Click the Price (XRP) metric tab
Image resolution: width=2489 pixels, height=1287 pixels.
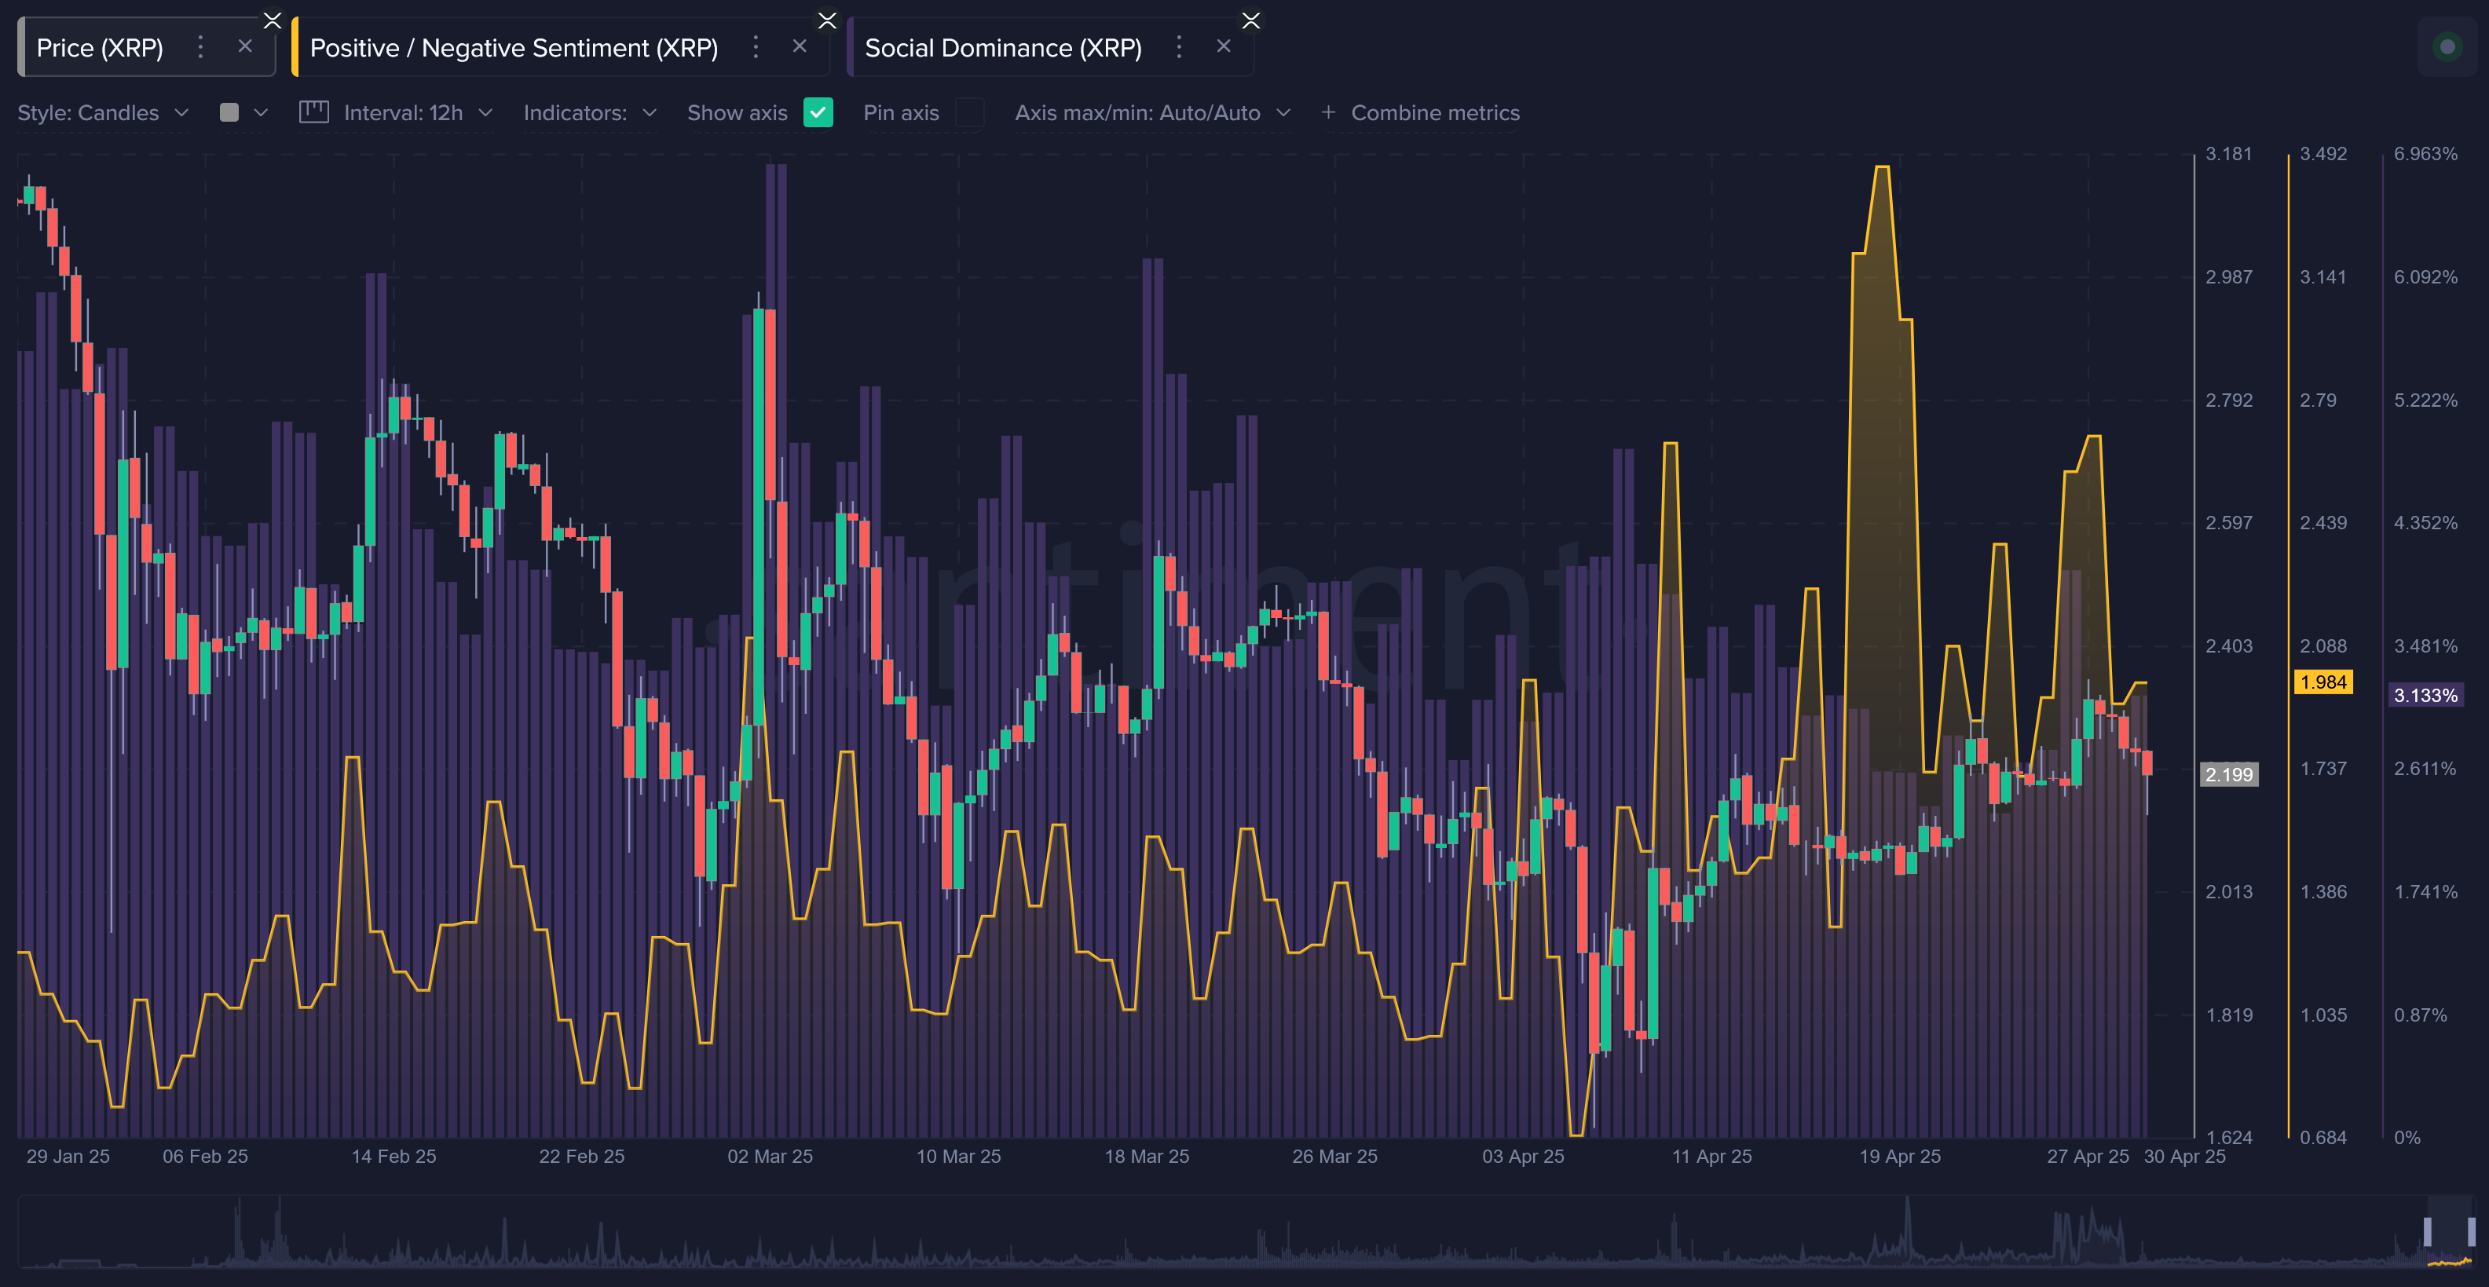coord(100,47)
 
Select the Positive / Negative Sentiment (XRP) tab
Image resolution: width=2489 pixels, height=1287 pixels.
coord(513,47)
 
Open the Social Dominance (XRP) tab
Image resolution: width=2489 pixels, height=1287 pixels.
coord(1003,47)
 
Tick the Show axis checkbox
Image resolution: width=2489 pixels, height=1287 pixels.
coord(818,113)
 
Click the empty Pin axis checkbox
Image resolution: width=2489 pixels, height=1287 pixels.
coord(969,113)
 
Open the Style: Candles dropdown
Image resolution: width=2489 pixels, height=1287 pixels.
coord(102,113)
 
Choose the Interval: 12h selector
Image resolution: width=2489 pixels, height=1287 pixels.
coord(403,113)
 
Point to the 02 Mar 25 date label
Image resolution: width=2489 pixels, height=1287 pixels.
coord(770,1157)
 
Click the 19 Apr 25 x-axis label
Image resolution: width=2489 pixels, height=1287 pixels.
coord(1900,1157)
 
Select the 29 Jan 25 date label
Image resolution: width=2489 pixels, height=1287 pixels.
coord(68,1157)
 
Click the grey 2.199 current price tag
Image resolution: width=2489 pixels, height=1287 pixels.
coord(2228,774)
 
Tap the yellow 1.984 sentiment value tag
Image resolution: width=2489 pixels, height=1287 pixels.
coord(2322,682)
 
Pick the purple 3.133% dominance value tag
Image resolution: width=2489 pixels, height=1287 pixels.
coord(2425,696)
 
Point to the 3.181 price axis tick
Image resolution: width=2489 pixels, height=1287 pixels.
coord(2228,154)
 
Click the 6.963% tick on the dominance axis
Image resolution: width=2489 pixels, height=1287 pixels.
coord(2425,154)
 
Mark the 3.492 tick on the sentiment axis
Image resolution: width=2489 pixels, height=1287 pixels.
coord(2322,154)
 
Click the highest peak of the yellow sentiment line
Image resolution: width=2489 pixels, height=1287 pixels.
coord(1882,167)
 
